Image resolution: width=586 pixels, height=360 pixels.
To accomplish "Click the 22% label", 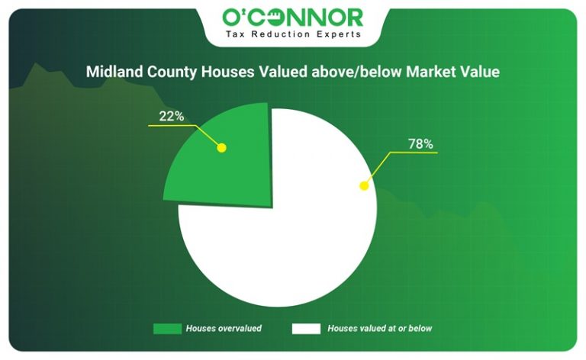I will tap(171, 116).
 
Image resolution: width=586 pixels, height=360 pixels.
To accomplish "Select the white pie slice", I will tap(298, 229).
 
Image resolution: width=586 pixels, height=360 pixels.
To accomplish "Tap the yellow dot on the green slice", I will tap(222, 147).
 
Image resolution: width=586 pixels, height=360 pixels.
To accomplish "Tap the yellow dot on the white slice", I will tap(365, 184).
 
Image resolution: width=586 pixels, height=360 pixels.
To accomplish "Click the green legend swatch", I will tap(166, 329).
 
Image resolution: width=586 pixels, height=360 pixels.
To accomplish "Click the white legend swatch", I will tap(304, 329).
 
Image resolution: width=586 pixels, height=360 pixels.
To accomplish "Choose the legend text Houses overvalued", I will tap(224, 329).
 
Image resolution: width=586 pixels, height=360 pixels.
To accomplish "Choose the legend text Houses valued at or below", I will tap(379, 329).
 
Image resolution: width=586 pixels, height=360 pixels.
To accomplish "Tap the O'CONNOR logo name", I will tap(292, 17).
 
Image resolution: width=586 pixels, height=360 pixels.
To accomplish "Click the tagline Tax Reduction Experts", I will tap(292, 34).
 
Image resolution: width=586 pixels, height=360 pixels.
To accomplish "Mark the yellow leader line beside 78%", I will tap(412, 153).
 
